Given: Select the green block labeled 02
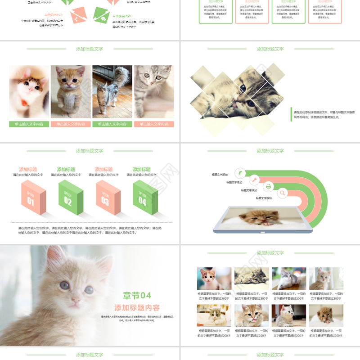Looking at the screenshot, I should (x=68, y=201).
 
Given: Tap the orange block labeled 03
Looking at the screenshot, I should (x=105, y=201).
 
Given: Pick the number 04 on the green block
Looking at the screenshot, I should (x=143, y=201).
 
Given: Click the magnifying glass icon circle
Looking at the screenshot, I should (x=282, y=193).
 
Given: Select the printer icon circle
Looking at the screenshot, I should (x=269, y=186).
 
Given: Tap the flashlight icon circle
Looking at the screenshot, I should (x=254, y=179).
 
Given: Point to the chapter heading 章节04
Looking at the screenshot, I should (x=137, y=295).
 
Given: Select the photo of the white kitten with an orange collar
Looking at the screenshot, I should (x=29, y=92).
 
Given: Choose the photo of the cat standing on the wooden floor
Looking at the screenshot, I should (x=112, y=92).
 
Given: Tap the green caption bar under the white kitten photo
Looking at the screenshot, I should (x=29, y=124).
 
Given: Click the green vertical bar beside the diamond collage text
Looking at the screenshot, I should (x=291, y=114).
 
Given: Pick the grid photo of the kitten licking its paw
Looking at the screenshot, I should (x=251, y=315).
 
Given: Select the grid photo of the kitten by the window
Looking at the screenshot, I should (x=326, y=279).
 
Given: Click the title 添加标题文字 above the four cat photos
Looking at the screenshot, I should (x=90, y=49).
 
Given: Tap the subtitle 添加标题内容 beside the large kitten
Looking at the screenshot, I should (x=137, y=308).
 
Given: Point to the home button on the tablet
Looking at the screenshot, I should (x=263, y=232).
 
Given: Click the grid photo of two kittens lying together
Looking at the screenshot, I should (x=252, y=279).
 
